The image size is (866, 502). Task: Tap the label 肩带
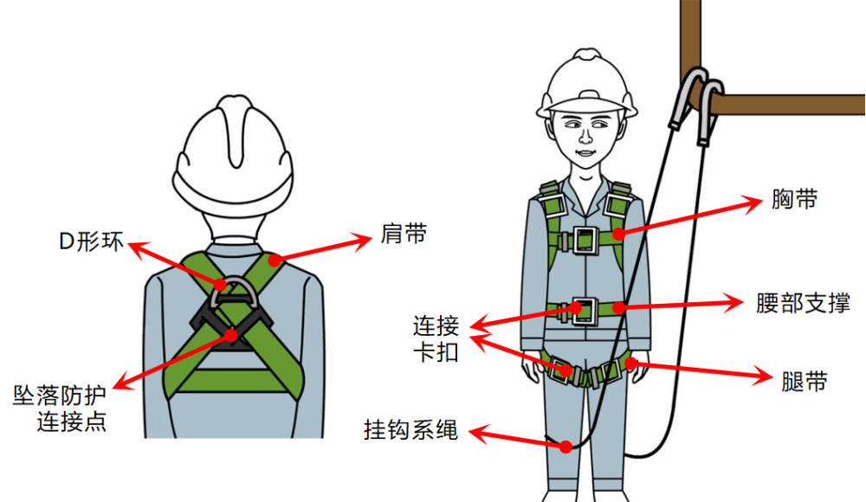403,234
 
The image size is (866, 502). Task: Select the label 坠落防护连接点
60,410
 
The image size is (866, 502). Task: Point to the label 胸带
794,200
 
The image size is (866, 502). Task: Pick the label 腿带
804,381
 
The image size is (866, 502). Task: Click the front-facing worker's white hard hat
587,85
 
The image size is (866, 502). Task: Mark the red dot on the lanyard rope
565,447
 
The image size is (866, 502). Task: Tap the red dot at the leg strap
631,363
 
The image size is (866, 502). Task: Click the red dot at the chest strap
617,233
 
